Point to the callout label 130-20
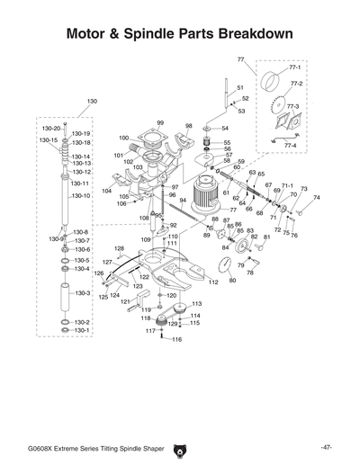click(51, 129)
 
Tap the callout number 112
click(213, 282)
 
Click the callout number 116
click(176, 340)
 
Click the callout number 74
click(316, 198)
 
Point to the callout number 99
click(160, 122)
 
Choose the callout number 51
click(239, 87)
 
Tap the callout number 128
click(118, 248)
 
